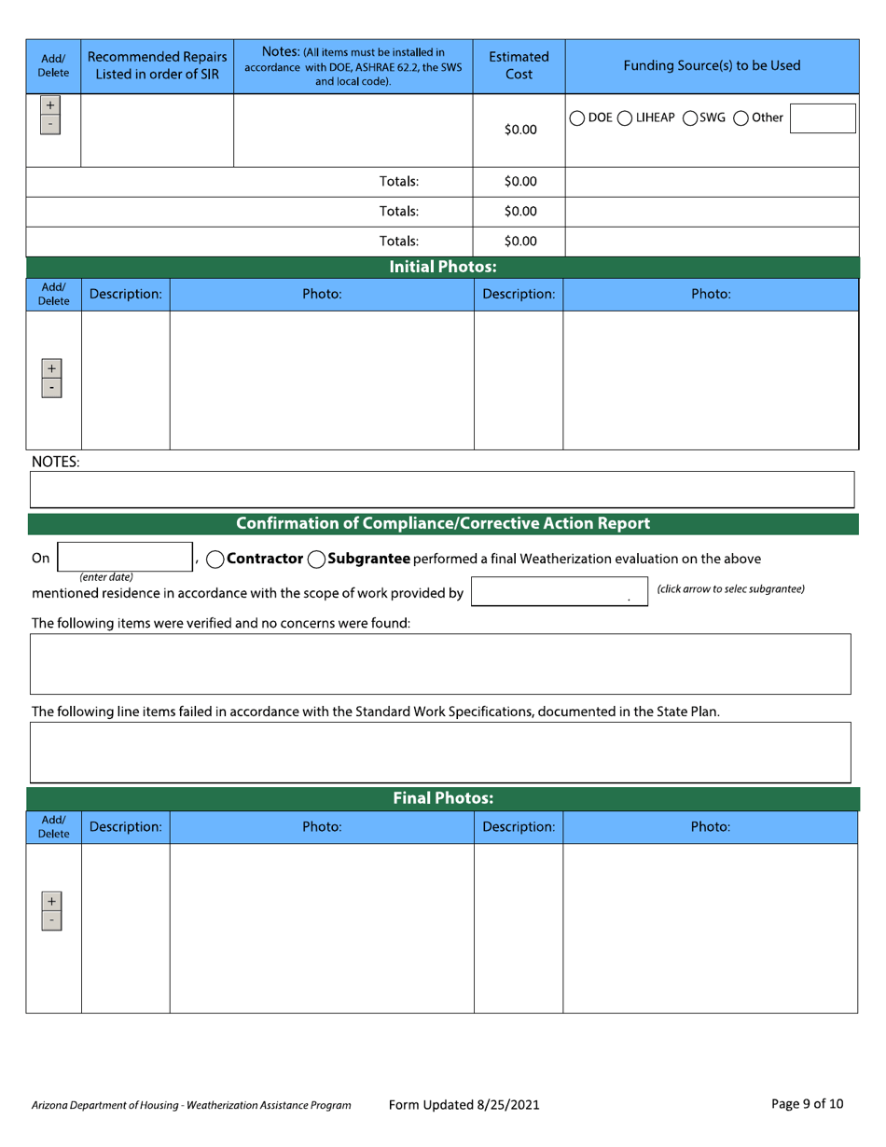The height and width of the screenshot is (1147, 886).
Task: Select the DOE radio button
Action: point(577,118)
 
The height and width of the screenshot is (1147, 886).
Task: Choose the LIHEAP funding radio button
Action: point(626,118)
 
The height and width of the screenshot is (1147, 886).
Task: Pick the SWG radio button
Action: point(691,118)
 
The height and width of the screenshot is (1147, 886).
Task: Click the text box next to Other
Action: point(823,118)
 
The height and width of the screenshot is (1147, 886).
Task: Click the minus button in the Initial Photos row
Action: point(51,387)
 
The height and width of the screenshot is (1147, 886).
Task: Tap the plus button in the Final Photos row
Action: point(51,902)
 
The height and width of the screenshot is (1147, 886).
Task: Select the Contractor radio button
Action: point(214,560)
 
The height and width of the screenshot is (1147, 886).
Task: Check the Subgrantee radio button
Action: point(316,560)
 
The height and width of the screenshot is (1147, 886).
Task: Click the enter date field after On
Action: point(124,558)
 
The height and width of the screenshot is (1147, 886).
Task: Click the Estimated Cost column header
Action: point(519,65)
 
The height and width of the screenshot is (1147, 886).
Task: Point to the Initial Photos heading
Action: point(442,268)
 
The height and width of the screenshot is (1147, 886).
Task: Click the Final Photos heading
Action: point(442,798)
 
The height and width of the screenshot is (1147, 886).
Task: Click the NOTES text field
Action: point(442,489)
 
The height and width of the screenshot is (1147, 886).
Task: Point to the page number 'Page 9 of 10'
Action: point(808,1104)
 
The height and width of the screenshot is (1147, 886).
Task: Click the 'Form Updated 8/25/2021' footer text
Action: point(464,1105)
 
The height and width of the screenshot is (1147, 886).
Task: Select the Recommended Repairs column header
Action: point(158,65)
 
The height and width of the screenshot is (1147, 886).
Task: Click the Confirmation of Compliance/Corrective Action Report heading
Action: point(443,523)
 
